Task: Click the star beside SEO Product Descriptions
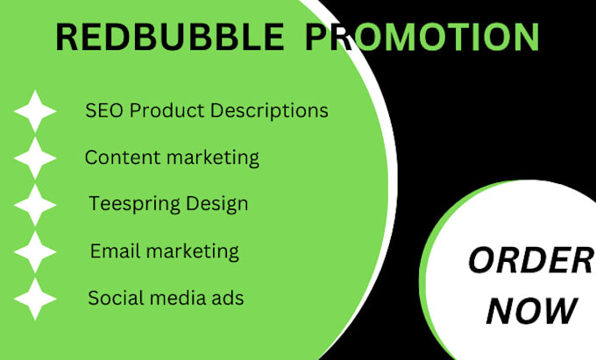[x=35, y=111]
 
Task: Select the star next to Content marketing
[x=35, y=158]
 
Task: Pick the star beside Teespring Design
[x=35, y=205]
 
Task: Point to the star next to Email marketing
[x=35, y=252]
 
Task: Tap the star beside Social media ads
[x=35, y=299]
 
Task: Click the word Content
[x=117, y=158]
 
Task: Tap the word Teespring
[x=131, y=204]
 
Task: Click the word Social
[x=113, y=298]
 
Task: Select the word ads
[x=227, y=298]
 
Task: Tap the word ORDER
[x=529, y=260]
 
